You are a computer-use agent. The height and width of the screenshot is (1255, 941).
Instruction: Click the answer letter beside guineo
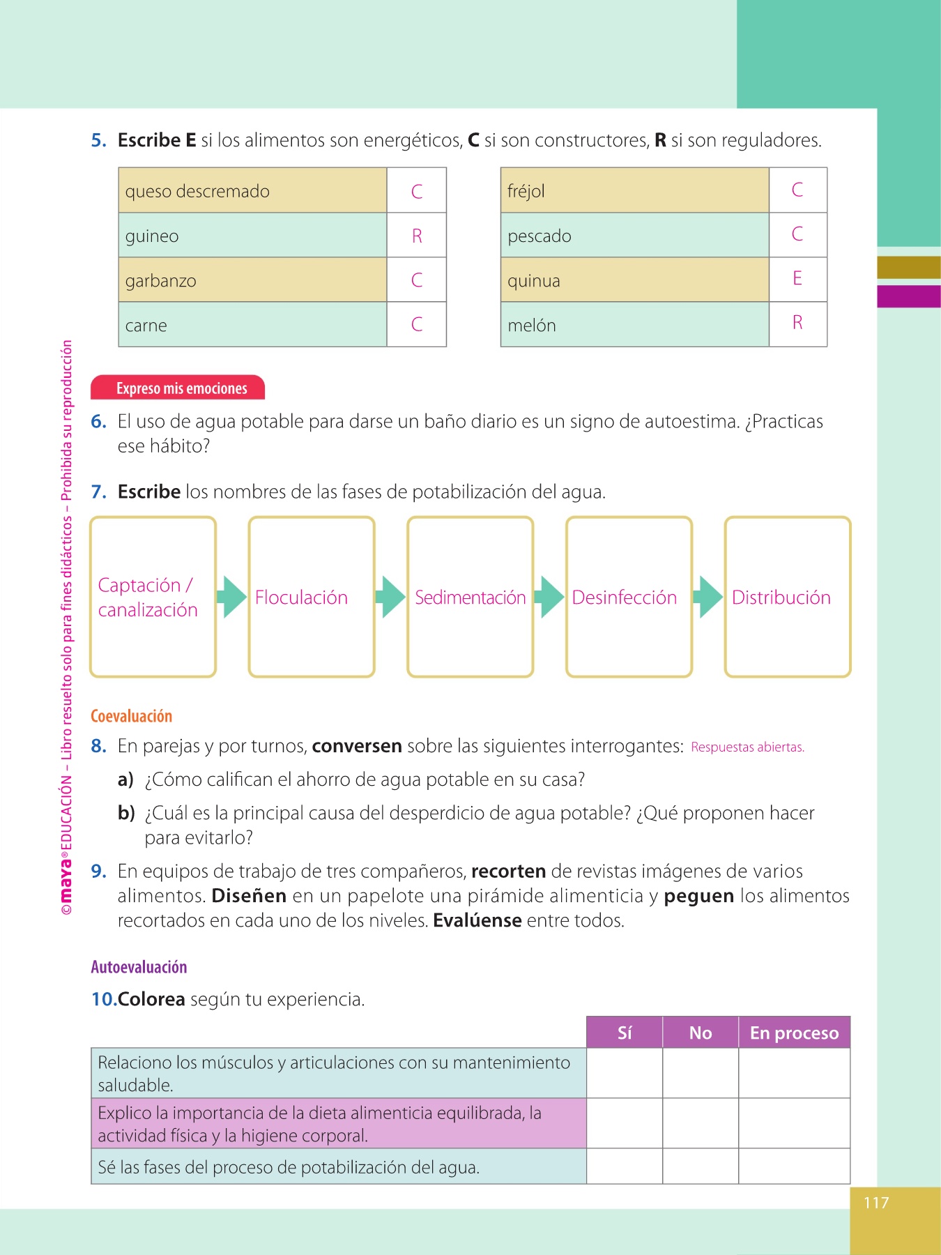point(417,236)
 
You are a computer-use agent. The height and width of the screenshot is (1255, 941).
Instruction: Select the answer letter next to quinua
point(797,278)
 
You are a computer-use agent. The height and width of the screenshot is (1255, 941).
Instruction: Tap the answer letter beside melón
point(797,323)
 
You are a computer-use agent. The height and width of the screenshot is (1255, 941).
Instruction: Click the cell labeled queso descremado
point(252,190)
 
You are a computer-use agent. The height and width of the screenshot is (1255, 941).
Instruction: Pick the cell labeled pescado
point(634,236)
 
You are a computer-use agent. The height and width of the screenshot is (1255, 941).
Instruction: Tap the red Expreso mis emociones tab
point(178,388)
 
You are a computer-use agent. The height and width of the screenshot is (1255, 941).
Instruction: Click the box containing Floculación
point(312,597)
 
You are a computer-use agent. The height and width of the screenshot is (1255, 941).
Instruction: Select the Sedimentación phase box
point(470,597)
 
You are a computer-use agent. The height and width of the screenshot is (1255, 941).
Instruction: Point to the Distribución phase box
point(788,597)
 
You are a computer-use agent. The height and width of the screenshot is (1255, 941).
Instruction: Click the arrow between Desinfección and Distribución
point(709,597)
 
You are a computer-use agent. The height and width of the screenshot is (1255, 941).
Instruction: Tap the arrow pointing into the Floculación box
point(232,597)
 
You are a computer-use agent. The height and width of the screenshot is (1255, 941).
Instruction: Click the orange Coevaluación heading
point(131,716)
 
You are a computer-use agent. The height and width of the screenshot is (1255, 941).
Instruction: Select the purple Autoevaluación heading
point(139,967)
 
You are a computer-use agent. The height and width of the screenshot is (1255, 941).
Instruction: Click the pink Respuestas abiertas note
point(747,747)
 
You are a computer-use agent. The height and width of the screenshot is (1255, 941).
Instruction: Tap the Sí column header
point(625,1033)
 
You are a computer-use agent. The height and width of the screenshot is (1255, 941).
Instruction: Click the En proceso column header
point(794,1033)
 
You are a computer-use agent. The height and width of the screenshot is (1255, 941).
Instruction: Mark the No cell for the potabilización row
point(701,1166)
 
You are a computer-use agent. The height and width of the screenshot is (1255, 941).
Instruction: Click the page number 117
point(876,1203)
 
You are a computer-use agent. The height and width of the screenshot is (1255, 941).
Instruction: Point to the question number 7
point(98,492)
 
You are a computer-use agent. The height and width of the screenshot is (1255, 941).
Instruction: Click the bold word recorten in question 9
point(508,872)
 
